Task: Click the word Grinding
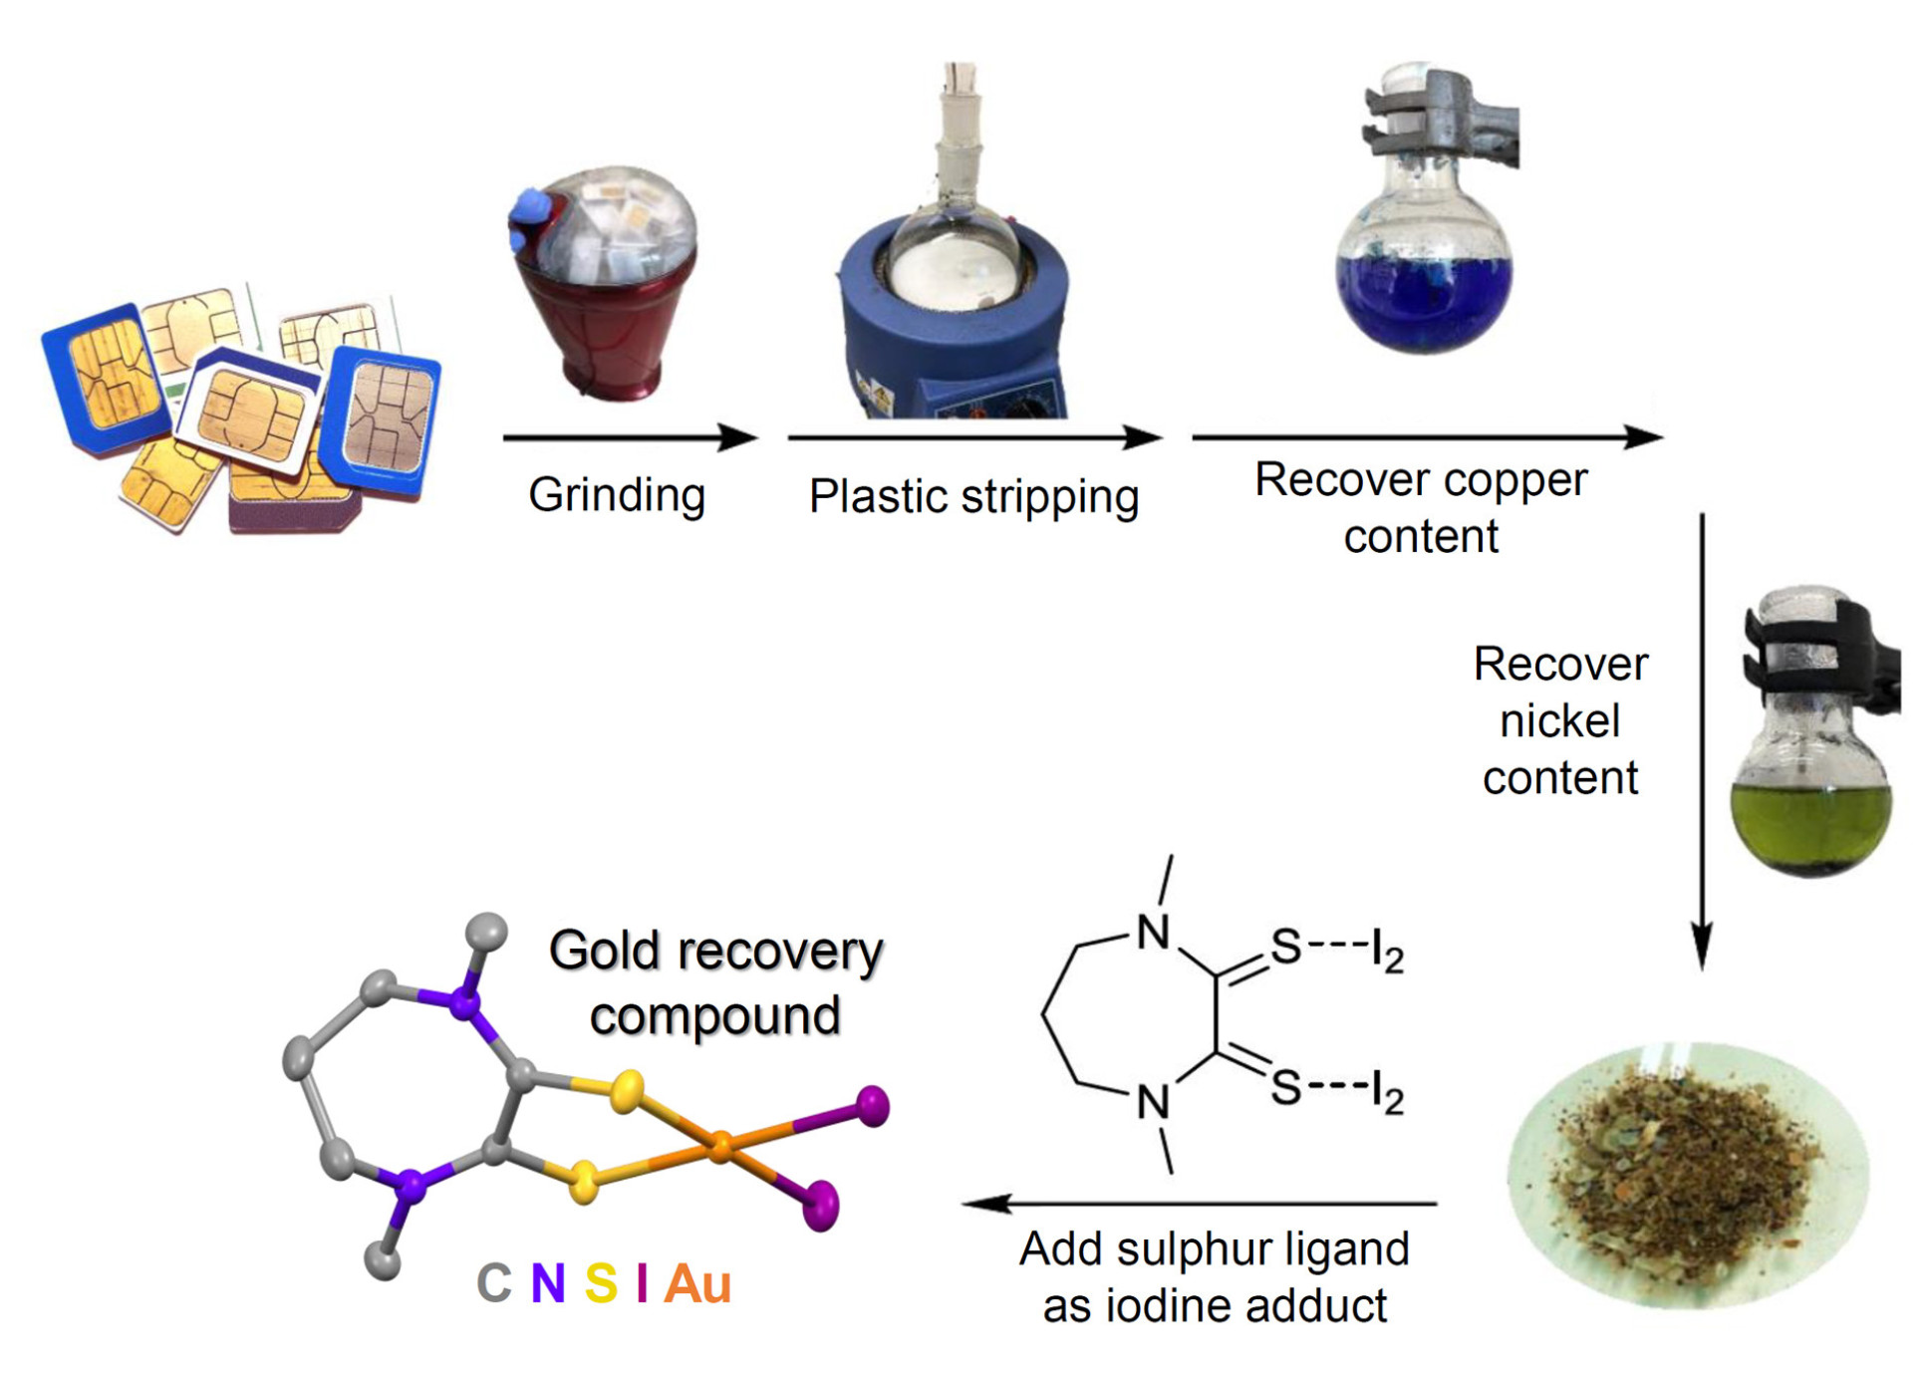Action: pyautogui.click(x=616, y=494)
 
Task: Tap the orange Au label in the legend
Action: pyautogui.click(x=696, y=1283)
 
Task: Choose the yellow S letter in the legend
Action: pyautogui.click(x=600, y=1283)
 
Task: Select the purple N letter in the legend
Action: pyautogui.click(x=547, y=1283)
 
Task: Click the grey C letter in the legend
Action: pyautogui.click(x=493, y=1283)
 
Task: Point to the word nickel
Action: pyautogui.click(x=1559, y=720)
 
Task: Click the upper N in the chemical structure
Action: pyautogui.click(x=1153, y=934)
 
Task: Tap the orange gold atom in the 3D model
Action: pyautogui.click(x=719, y=1147)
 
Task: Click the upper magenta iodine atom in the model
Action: pyautogui.click(x=873, y=1105)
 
